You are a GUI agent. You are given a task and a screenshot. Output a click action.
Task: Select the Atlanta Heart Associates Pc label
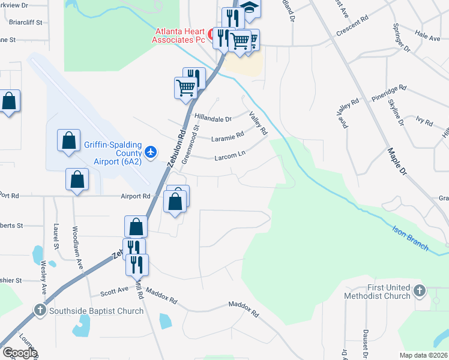[x=179, y=36]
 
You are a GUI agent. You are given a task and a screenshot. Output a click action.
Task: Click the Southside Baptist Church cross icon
[x=40, y=310]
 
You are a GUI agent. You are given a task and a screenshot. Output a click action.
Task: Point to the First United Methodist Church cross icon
[x=420, y=292]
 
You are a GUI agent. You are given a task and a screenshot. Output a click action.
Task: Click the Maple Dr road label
[x=397, y=161]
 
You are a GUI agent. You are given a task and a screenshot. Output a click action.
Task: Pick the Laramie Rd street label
[x=228, y=137]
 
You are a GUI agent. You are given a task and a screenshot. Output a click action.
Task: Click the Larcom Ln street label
[x=230, y=156]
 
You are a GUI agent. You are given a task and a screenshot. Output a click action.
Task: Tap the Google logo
[x=19, y=353]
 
